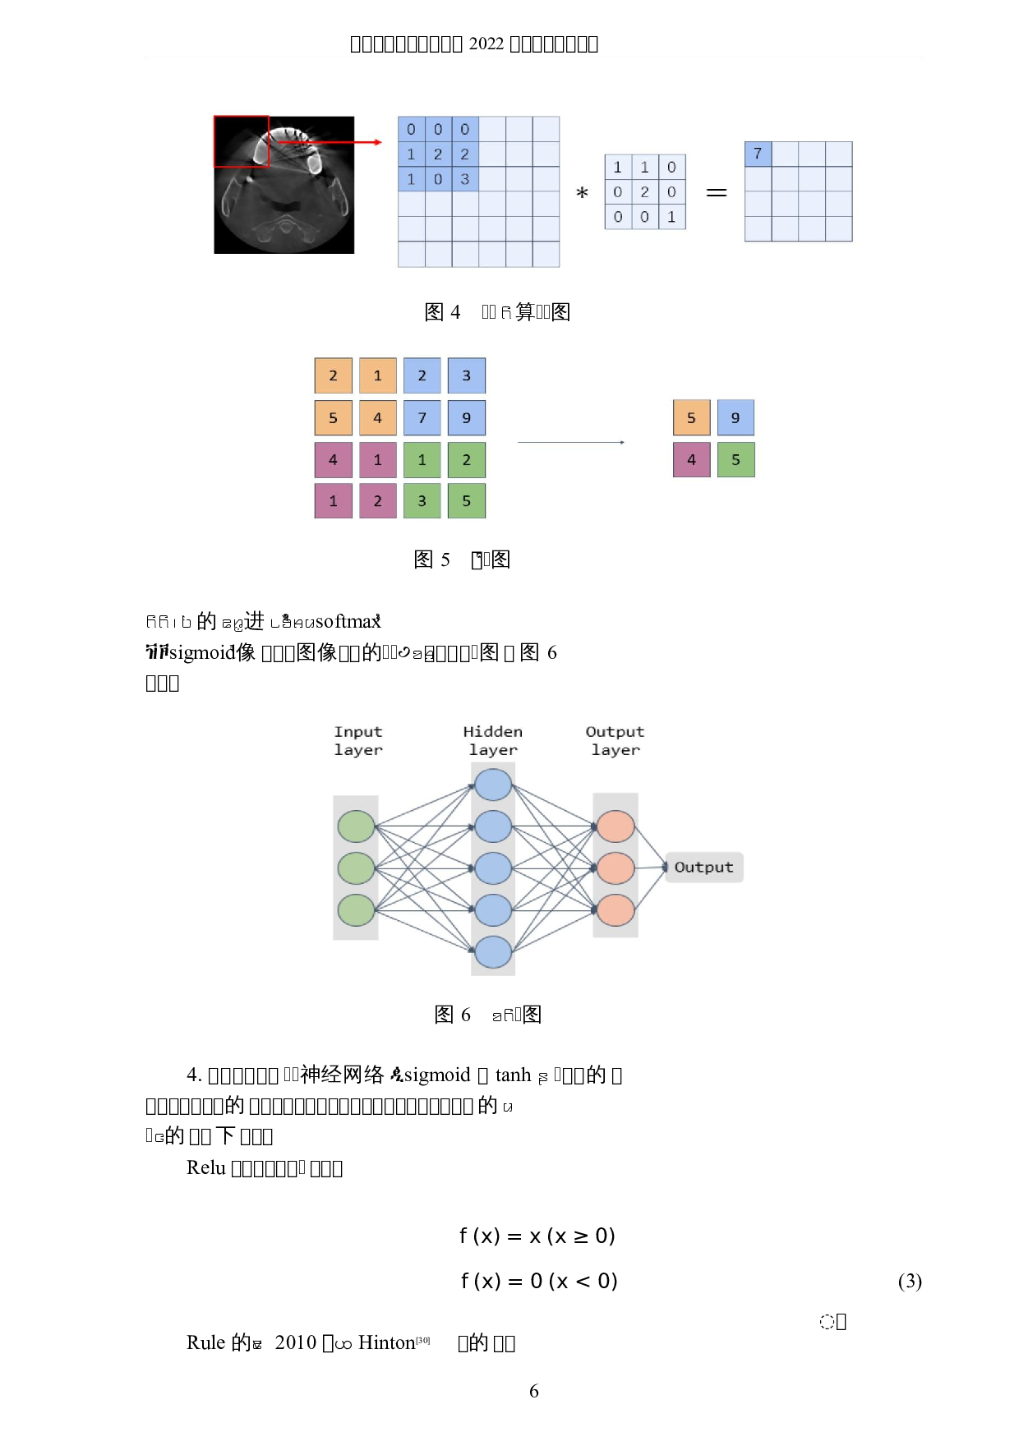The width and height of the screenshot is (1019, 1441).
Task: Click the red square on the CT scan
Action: [x=242, y=141]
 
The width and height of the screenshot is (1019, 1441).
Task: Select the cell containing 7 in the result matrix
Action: [x=758, y=154]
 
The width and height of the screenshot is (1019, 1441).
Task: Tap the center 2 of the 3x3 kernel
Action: [x=645, y=192]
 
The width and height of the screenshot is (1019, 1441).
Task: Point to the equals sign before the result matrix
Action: [x=717, y=192]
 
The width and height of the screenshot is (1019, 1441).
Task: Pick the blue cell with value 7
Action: [x=422, y=418]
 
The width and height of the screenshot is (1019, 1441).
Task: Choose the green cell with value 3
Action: [x=422, y=501]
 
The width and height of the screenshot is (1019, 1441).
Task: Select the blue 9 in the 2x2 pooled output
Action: [x=735, y=418]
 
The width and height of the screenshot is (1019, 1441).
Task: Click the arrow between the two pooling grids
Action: [x=571, y=443]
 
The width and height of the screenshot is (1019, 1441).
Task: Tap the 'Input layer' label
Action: [x=358, y=740]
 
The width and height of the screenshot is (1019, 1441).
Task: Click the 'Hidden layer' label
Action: [x=493, y=740]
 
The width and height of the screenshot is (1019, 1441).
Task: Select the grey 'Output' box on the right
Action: [x=703, y=868]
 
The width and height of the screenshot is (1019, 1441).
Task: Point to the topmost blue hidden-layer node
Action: [x=493, y=785]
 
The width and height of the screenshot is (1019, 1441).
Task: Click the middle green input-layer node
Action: [x=356, y=868]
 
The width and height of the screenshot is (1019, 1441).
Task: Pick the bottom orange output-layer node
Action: [x=616, y=910]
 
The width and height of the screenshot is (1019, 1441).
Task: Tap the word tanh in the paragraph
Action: [x=513, y=1075]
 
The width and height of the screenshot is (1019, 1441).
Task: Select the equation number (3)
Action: [x=910, y=1282]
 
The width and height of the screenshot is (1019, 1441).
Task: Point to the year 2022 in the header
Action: [x=486, y=44]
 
